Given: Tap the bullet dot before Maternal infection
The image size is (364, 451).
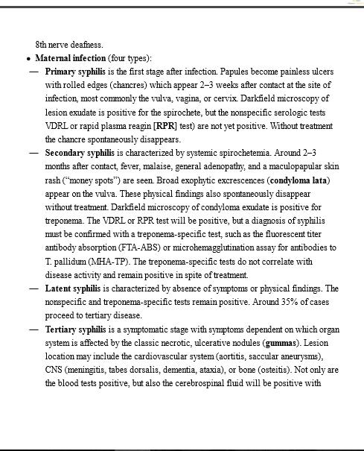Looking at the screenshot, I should coord(28,59).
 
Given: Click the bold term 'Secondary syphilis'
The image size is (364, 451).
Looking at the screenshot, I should coord(78,152).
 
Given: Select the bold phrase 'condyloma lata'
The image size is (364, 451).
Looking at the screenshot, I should coord(299,180).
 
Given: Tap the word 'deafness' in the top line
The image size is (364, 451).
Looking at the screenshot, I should coord(86,44).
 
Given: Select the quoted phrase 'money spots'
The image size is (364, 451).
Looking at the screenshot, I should coord(93,180).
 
